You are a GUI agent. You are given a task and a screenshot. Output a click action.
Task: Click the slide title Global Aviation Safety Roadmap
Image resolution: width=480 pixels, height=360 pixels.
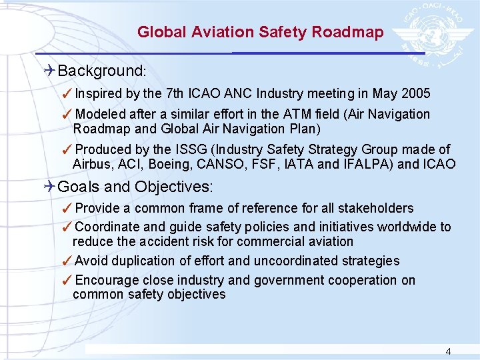[x=260, y=32]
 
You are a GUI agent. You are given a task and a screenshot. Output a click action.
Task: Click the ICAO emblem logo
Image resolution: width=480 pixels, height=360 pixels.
[x=434, y=31]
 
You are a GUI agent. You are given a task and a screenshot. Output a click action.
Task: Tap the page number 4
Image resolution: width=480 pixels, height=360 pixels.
[x=448, y=351]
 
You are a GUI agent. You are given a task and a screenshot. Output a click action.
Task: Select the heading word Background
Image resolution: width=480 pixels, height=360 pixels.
[x=101, y=71]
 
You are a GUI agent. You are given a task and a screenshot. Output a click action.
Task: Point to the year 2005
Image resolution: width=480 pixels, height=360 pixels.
[x=415, y=93]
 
